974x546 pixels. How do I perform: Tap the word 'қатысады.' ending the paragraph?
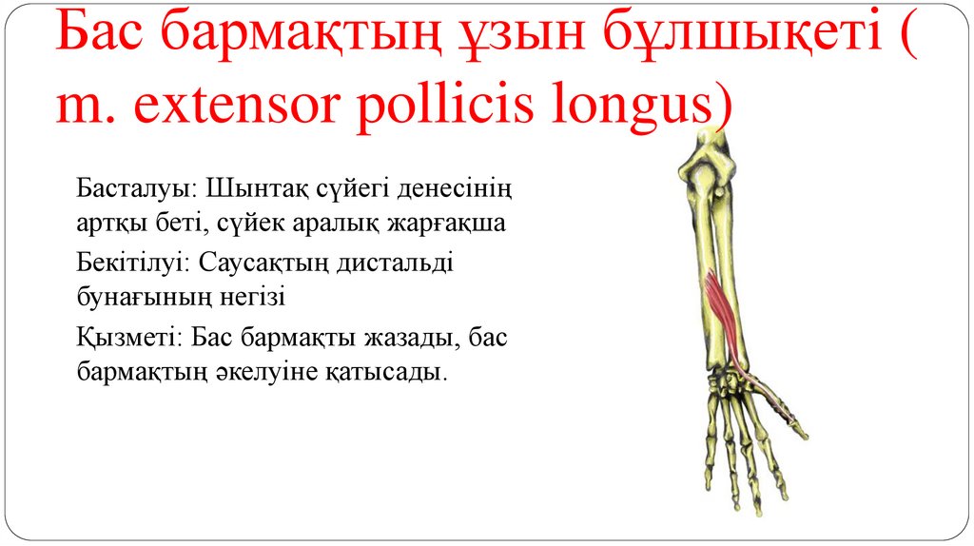tap(399, 373)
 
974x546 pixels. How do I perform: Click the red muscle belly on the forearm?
tap(720, 303)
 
